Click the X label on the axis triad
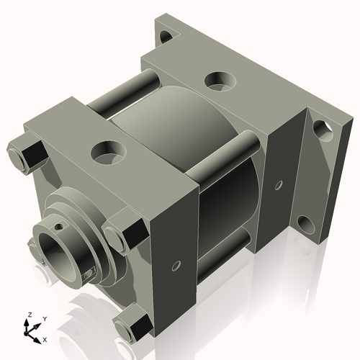[x=45, y=338]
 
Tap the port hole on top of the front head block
[x=108, y=151]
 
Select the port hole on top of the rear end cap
[x=217, y=81]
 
